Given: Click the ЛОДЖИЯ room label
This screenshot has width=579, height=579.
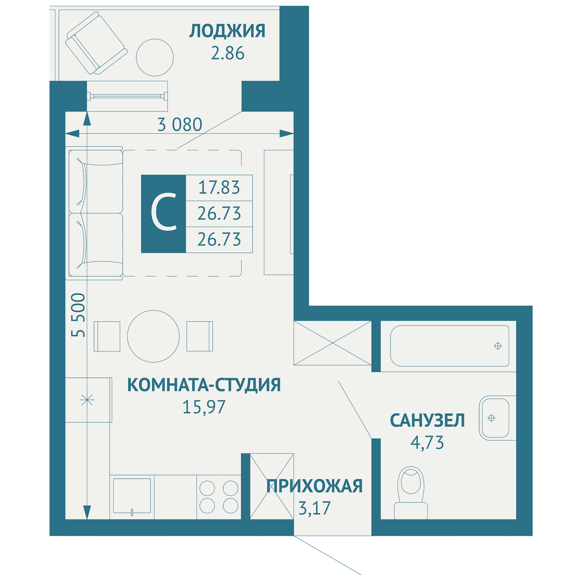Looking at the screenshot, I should tap(227, 31).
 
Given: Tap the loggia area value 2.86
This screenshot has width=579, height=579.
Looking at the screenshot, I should tap(228, 53).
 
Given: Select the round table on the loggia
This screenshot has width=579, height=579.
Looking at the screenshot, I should tap(155, 57).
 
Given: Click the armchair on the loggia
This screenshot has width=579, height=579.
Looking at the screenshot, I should tap(96, 43).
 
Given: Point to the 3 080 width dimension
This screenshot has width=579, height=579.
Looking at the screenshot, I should tap(180, 125).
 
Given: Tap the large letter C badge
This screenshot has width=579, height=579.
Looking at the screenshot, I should tap(164, 214).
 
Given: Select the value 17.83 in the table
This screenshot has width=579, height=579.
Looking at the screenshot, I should tap(219, 188).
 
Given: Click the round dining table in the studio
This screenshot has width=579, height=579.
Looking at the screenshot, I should tap(153, 336).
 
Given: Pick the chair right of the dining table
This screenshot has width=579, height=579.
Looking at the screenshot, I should tap(199, 336).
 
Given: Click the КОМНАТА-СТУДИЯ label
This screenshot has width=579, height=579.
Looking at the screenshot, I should tap(204, 385).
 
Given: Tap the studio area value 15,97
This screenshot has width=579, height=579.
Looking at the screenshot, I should tap(204, 407).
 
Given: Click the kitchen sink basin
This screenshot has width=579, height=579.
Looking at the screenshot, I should tap(132, 496).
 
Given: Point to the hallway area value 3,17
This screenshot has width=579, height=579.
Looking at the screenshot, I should tap(314, 508).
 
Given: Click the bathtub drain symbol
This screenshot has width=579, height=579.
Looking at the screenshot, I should tap(497, 346).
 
